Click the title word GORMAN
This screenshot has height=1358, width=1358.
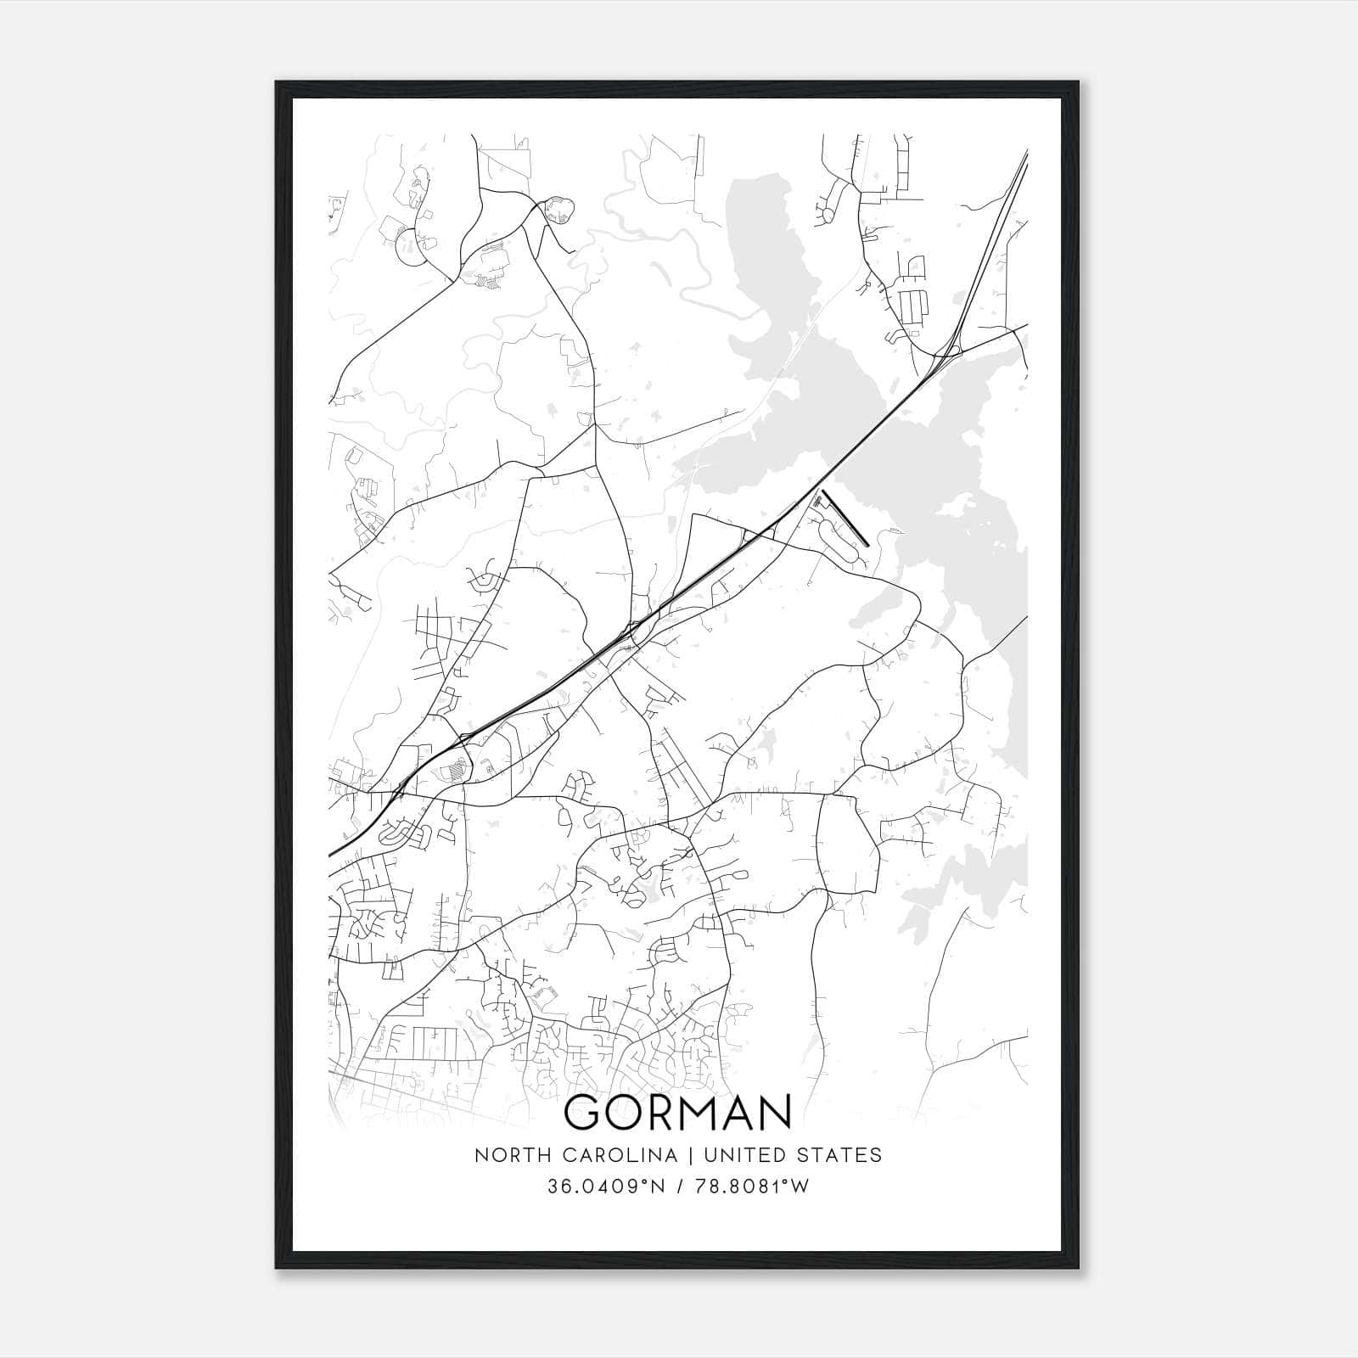click(677, 1112)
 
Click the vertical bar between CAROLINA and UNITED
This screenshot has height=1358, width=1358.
click(689, 1155)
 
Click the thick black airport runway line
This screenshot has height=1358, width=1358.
click(845, 516)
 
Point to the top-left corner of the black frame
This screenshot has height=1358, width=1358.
click(277, 82)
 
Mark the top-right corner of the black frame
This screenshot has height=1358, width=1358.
click(1078, 82)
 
